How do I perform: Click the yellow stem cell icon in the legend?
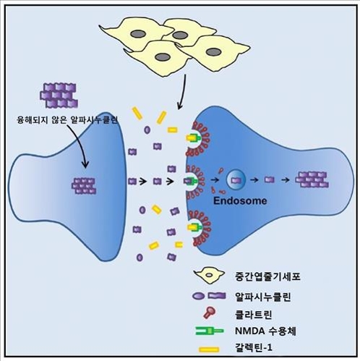[x=210, y=275]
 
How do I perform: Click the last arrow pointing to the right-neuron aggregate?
[x=288, y=179]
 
